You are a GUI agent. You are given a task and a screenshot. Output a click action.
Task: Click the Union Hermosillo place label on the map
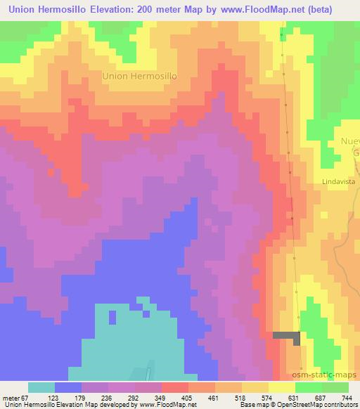(139, 75)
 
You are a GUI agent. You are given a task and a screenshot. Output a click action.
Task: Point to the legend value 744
(345, 398)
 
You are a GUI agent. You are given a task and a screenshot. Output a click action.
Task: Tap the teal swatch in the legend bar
(41, 387)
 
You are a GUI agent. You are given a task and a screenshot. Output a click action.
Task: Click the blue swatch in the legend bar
(68, 387)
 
